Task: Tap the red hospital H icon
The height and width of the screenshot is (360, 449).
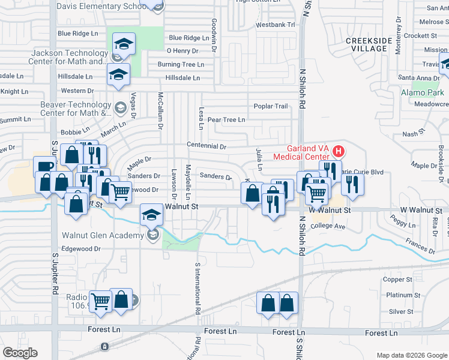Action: pos(339,150)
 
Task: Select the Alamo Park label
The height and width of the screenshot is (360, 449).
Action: pos(423,93)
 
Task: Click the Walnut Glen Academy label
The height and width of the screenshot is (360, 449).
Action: pos(104,235)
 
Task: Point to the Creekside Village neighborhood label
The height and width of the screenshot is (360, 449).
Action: pos(369,44)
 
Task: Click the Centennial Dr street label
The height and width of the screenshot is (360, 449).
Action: pos(206,146)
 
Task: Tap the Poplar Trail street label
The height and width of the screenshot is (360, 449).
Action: pos(271,106)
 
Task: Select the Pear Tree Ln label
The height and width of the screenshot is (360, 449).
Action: pos(226,119)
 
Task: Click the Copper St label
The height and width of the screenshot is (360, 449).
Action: pos(398,279)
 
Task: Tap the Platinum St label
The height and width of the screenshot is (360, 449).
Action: pos(399,295)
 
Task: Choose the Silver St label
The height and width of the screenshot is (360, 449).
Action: pos(401,311)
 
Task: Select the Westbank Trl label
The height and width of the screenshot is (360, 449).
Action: pos(276,25)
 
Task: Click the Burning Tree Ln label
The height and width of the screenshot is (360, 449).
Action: pos(181,64)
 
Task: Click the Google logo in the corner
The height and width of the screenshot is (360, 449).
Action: pos(20,353)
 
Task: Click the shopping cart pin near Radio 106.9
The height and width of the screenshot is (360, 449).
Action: pos(100,302)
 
